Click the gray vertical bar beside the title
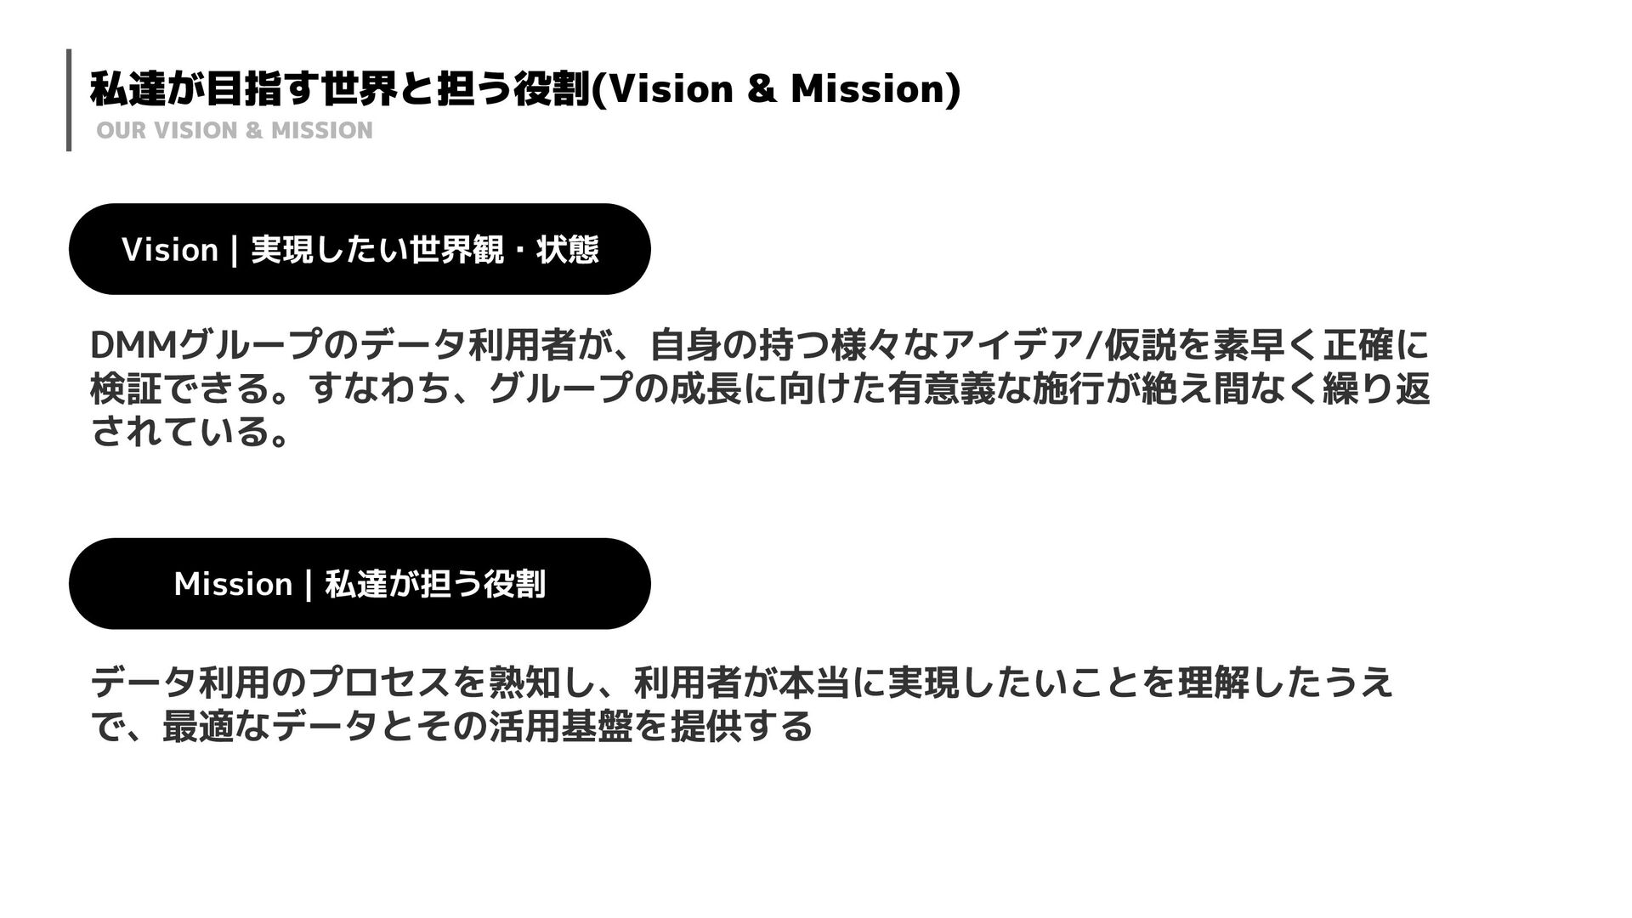69,99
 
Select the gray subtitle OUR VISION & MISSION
235,131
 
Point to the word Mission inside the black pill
233,585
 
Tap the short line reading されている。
190,433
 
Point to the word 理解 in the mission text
1212,683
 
